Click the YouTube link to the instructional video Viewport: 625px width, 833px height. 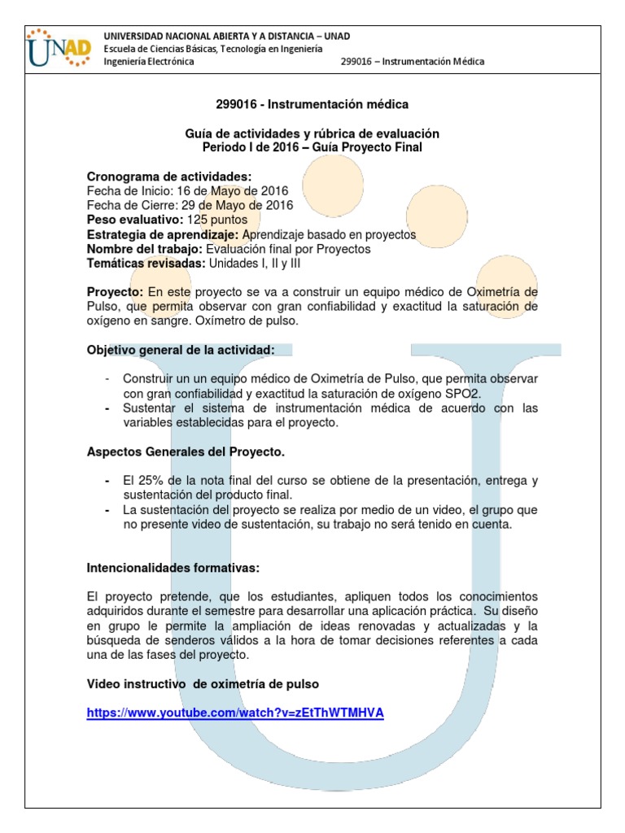click(x=235, y=713)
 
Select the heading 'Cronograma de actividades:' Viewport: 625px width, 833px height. click(x=169, y=177)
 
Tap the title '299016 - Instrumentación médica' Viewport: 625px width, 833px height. click(x=312, y=104)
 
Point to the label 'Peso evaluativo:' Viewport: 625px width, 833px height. click(x=135, y=220)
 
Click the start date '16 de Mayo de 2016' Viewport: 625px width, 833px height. click(x=235, y=191)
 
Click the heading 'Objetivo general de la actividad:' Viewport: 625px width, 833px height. click(x=181, y=350)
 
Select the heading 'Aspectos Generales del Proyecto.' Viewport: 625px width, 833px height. click(x=186, y=451)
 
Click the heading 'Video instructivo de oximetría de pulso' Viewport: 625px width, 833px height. click(x=203, y=684)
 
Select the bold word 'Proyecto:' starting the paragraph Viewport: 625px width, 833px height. click(x=116, y=292)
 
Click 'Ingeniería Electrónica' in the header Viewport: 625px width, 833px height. click(x=149, y=62)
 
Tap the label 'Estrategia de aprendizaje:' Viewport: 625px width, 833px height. click(x=163, y=234)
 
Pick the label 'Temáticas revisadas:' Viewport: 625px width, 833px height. click(x=146, y=264)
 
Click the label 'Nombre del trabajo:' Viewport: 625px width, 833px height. click(x=145, y=249)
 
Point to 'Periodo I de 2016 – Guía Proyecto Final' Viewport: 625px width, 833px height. click(x=312, y=147)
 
